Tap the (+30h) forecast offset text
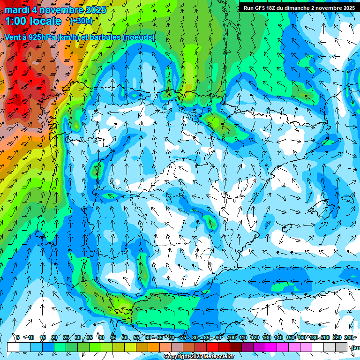(x=81, y=21)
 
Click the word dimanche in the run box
(x=304, y=8)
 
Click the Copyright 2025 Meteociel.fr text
(x=199, y=357)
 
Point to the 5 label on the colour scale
(x=18, y=337)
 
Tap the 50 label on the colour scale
(x=124, y=337)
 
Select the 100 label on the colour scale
(x=231, y=337)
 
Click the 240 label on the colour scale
(x=349, y=337)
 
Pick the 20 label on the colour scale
(x=54, y=337)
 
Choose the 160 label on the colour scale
(x=302, y=337)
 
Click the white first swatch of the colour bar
(x=13, y=347)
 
